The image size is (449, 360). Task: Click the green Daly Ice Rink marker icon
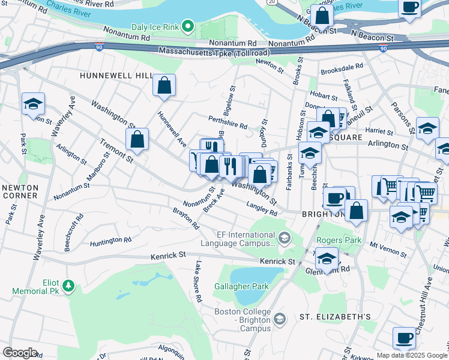(188, 26)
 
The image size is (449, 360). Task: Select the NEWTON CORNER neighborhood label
(20, 191)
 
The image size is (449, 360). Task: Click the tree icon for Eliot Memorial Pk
(68, 284)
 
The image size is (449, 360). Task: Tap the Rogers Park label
(339, 240)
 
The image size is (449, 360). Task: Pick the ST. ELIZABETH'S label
(336, 317)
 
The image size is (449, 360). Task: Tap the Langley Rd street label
(262, 208)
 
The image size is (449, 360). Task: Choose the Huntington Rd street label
(110, 241)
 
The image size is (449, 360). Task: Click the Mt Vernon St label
(384, 245)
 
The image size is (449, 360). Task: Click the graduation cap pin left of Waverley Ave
(33, 104)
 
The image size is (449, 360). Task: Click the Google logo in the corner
(20, 352)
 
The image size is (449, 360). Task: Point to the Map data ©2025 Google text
(411, 355)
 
